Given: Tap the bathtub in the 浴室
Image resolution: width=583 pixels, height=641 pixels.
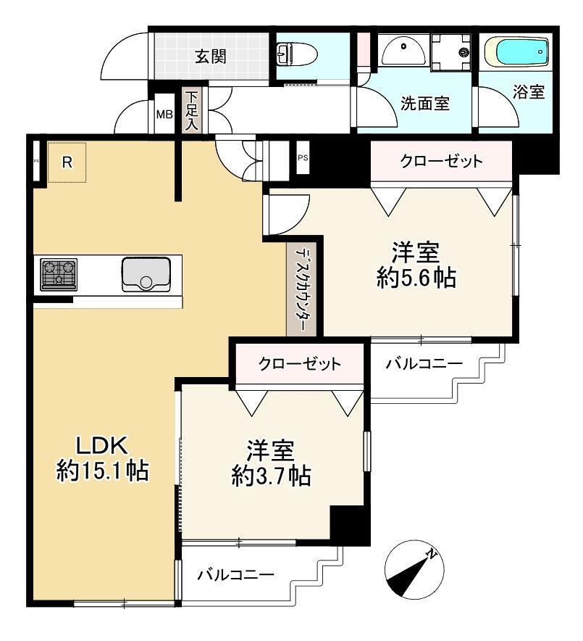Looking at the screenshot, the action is click(516, 52).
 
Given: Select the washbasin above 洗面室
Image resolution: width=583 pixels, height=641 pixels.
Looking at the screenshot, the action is click(403, 50).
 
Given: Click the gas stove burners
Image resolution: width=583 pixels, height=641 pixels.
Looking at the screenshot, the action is click(59, 275).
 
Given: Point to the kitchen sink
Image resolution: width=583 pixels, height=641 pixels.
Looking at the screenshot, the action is click(146, 274).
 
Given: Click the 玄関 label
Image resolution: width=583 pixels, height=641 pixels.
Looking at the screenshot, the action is click(210, 57).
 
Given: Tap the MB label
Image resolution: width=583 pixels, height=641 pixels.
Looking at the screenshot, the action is click(164, 115).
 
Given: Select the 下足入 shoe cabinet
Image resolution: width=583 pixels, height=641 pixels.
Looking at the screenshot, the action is click(191, 111).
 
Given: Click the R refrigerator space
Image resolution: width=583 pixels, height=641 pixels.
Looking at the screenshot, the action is click(67, 162).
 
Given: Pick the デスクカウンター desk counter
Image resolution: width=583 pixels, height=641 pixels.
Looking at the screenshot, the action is click(301, 290).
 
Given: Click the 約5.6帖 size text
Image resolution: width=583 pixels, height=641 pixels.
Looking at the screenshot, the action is click(416, 278).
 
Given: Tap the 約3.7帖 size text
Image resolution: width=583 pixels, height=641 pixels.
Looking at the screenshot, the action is click(272, 476).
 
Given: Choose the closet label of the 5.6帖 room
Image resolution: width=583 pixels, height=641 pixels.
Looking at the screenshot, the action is click(441, 161).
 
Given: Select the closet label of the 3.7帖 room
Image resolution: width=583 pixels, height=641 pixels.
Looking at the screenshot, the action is click(299, 363).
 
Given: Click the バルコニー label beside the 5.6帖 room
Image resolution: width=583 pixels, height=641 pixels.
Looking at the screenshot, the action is click(424, 363).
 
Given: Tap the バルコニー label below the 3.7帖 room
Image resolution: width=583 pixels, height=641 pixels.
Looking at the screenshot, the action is click(236, 575).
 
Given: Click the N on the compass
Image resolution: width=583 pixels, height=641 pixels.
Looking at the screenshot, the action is click(432, 553).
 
